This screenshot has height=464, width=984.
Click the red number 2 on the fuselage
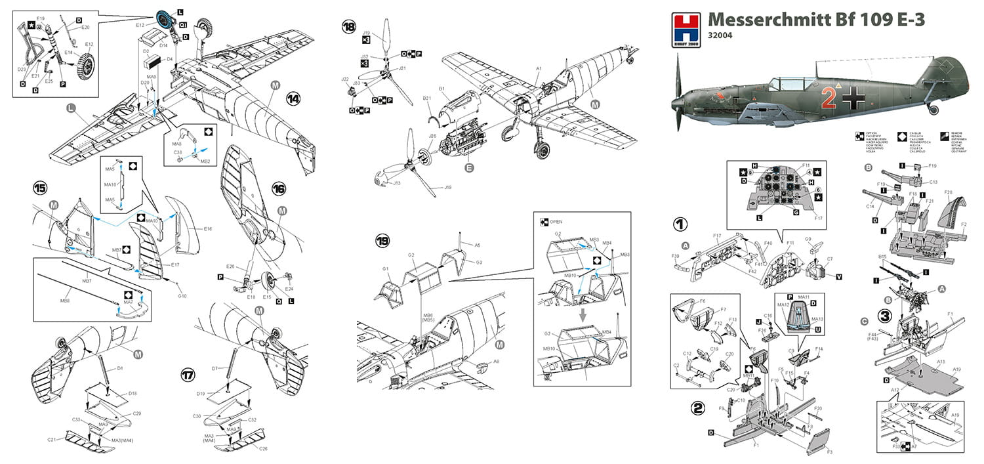pos(829,98)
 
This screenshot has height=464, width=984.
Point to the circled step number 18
pos(348,27)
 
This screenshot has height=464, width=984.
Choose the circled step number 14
pos(293,98)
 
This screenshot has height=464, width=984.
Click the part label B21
pos(426,98)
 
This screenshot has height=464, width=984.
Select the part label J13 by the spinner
pos(397,183)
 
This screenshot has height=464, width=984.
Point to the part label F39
pos(675,256)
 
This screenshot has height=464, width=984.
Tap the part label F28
pos(948,192)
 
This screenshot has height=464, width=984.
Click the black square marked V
pos(840,278)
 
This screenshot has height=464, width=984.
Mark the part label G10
pos(182,296)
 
